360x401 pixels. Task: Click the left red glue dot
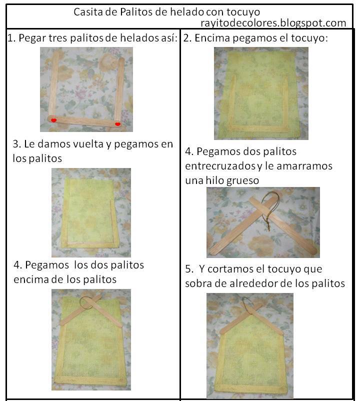click(53, 120)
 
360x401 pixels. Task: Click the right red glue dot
click(117, 124)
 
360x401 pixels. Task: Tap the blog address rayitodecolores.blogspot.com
click(273, 23)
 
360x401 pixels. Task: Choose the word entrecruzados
click(220, 166)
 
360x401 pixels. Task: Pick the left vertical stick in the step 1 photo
click(54, 83)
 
